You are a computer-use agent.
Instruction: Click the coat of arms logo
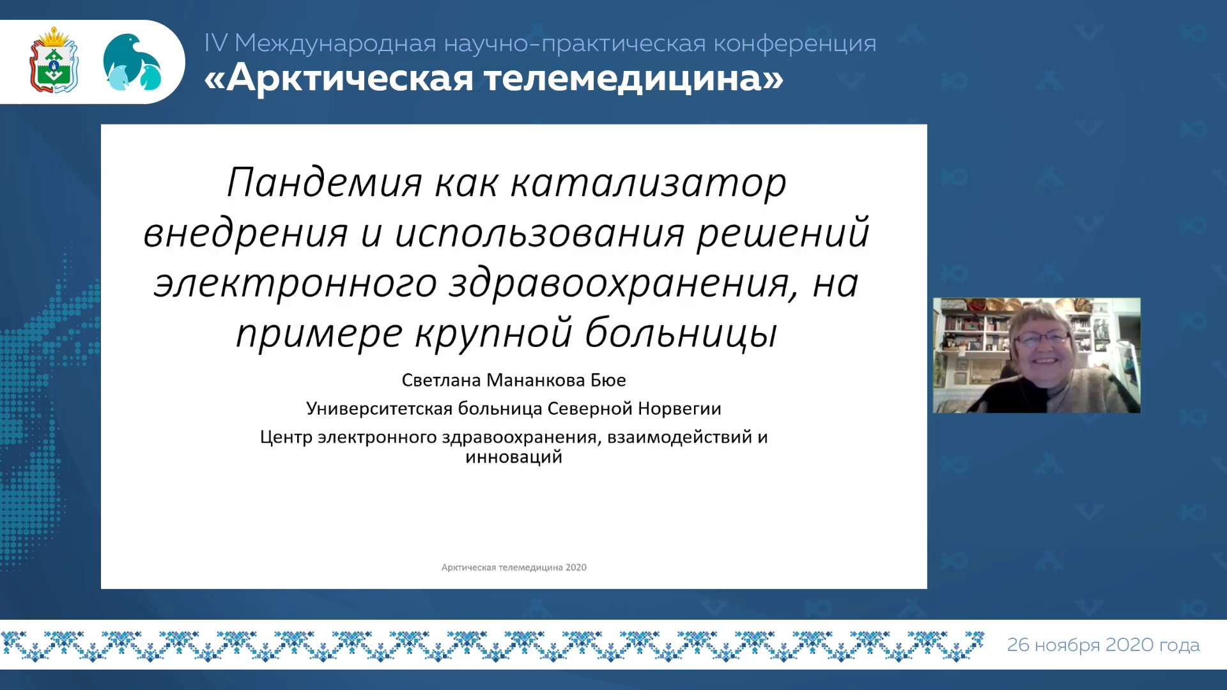[x=54, y=60]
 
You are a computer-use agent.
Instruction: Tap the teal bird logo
[x=132, y=62]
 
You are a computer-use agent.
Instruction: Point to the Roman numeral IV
[x=216, y=43]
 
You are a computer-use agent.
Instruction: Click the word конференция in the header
[x=795, y=43]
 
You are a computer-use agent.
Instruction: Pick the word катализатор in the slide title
[x=649, y=184]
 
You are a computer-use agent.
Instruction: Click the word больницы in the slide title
[x=681, y=333]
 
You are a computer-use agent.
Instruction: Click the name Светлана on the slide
[x=441, y=380]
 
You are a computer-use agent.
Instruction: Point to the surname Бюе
[x=608, y=380]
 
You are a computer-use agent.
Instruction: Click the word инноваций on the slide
[x=514, y=457]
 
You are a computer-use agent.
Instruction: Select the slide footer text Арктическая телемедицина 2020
[x=514, y=567]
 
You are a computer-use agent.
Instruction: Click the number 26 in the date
[x=1018, y=645]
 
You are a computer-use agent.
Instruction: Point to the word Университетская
[x=380, y=409]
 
